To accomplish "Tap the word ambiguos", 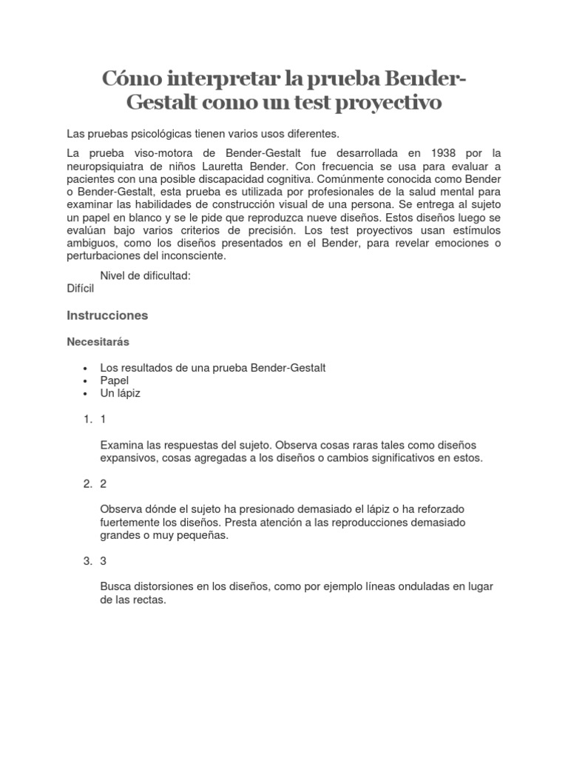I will tap(92, 243).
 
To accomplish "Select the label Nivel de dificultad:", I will tap(146, 275).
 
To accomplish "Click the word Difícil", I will tap(81, 289).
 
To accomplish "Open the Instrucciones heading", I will tap(107, 315).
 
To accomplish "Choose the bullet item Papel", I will tap(115, 380).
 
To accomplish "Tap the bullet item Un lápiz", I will tap(120, 393).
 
